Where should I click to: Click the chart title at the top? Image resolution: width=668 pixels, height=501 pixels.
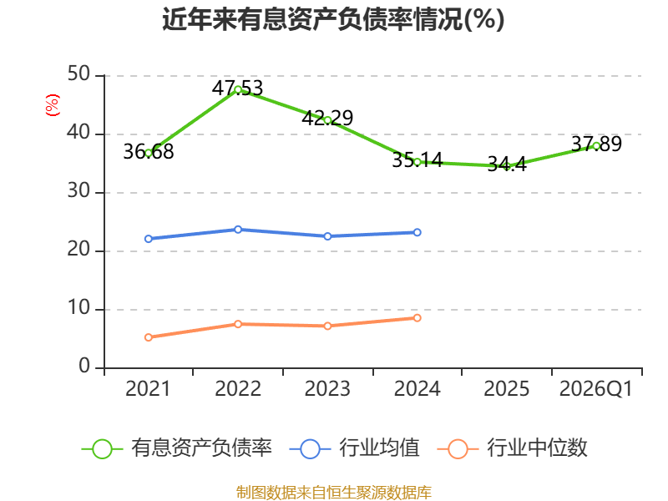[333, 19]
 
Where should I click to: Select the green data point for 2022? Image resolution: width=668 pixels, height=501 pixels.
[238, 90]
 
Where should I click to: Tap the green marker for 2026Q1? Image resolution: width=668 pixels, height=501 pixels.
[596, 146]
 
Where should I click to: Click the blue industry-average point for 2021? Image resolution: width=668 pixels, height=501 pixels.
[149, 239]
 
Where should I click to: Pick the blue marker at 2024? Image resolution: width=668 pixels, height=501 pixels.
[417, 232]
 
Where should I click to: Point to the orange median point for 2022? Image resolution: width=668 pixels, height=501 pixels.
[238, 324]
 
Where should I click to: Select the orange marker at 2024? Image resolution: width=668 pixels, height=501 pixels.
[417, 318]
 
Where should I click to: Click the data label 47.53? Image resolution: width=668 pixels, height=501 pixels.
[238, 89]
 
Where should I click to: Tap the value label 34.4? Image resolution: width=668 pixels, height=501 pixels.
[507, 164]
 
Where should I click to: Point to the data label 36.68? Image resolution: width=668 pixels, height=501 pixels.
[149, 152]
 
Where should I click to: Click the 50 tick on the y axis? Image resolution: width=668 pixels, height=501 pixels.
[78, 73]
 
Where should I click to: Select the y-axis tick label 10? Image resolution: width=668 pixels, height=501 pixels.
[78, 307]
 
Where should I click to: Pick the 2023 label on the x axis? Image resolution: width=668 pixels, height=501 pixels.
[327, 389]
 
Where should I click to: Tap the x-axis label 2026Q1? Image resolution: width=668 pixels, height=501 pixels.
[596, 389]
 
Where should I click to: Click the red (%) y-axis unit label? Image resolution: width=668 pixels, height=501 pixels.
[53, 105]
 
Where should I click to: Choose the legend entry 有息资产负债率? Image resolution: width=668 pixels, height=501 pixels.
[177, 448]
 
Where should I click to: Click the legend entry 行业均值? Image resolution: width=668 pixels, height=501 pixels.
[354, 448]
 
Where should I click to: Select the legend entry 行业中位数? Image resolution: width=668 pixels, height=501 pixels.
[513, 448]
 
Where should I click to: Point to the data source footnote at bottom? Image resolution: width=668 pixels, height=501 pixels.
[334, 493]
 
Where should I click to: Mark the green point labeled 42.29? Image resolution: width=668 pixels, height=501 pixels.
[327, 120]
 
